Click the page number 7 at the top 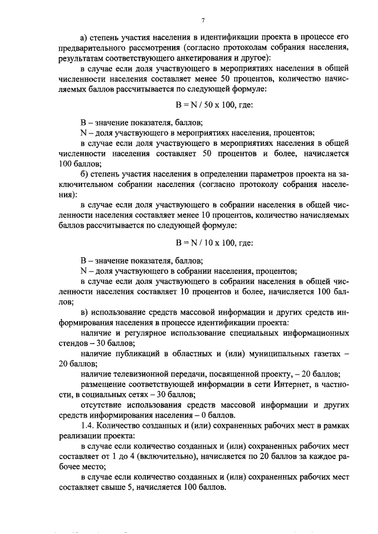[x=202, y=20]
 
